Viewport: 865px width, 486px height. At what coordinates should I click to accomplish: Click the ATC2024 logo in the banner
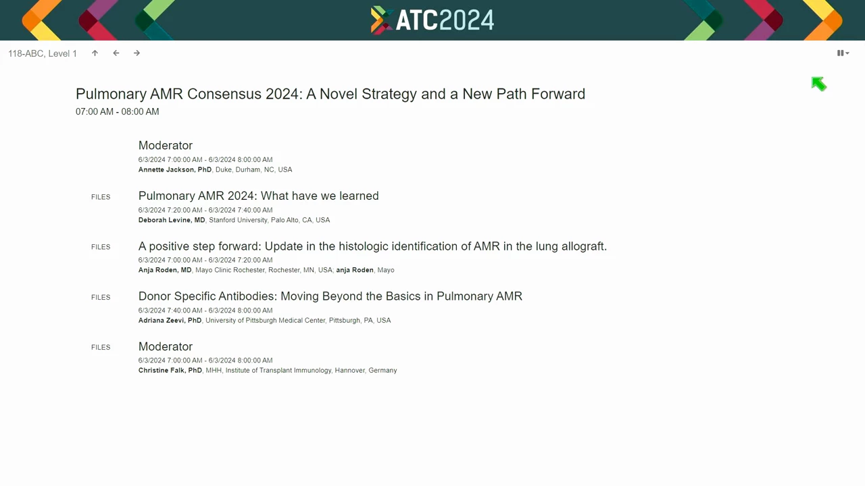432,20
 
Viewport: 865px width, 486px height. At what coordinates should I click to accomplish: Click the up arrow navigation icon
95,53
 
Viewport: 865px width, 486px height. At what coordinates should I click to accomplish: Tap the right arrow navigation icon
137,53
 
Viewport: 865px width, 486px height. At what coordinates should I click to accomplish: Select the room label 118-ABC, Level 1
43,53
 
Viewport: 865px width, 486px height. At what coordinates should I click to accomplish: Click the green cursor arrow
818,84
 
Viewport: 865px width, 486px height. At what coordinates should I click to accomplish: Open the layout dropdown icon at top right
843,53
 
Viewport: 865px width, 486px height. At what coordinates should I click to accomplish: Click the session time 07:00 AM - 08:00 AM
118,112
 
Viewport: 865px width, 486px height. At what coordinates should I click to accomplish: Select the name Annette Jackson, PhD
175,169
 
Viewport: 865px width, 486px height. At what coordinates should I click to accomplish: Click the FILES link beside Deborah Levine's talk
101,197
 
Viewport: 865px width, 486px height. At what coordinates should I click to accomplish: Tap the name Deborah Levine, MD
172,220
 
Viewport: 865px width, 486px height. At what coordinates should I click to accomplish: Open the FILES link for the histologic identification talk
101,247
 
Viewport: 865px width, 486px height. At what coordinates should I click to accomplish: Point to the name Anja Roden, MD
165,270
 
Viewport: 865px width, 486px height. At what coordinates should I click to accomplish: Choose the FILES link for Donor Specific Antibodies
101,298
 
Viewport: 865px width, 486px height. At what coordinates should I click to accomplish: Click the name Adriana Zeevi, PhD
170,321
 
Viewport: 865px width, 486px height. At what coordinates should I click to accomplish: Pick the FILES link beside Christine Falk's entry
101,348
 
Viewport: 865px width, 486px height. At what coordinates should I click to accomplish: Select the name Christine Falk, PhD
170,371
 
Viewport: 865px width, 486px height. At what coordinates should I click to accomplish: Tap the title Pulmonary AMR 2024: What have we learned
258,196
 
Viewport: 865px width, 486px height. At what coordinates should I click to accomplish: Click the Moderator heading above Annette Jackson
166,145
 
